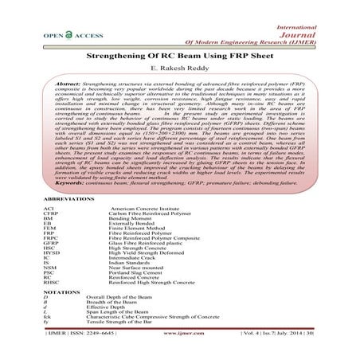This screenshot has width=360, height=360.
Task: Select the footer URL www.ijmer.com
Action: click(179, 347)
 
